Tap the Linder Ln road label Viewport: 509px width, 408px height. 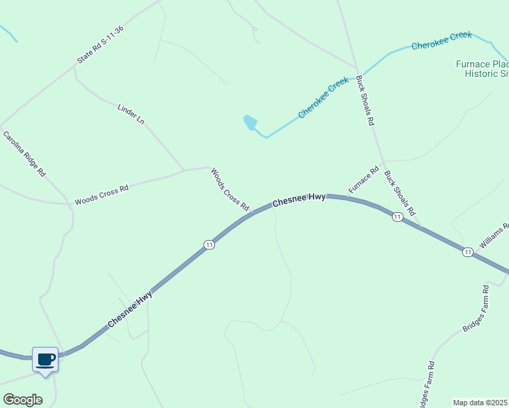pyautogui.click(x=131, y=114)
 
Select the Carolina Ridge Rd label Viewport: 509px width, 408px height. pyautogui.click(x=24, y=154)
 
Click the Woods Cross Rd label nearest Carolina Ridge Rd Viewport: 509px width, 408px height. pyautogui.click(x=101, y=195)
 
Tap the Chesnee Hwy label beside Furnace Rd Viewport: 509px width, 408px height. pyautogui.click(x=299, y=199)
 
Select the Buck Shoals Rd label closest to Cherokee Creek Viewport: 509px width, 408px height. pyautogui.click(x=366, y=101)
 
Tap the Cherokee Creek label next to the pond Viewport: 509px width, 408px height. pyautogui.click(x=323, y=98)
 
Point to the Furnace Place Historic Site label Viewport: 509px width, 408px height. pyautogui.click(x=482, y=69)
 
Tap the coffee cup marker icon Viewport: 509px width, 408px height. pyautogui.click(x=46, y=358)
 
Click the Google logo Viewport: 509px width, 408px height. pyautogui.click(x=22, y=399)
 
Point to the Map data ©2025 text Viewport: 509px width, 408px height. pyautogui.click(x=480, y=403)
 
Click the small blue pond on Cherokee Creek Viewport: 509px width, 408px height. pyautogui.click(x=250, y=122)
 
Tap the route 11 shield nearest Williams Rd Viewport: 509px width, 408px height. pyautogui.click(x=467, y=252)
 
